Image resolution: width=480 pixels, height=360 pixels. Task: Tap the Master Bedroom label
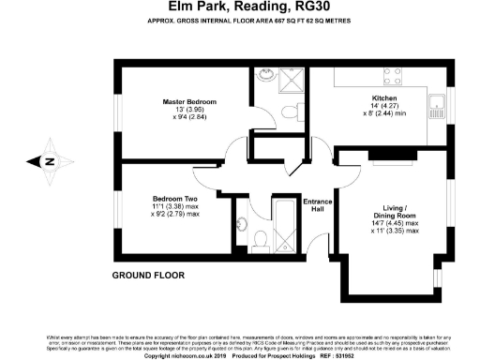(x=189, y=101)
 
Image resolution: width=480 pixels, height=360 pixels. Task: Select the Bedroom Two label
(x=176, y=198)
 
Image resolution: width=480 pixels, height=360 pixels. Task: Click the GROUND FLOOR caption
(x=148, y=276)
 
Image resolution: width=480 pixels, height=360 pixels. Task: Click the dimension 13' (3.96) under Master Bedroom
(x=189, y=111)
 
